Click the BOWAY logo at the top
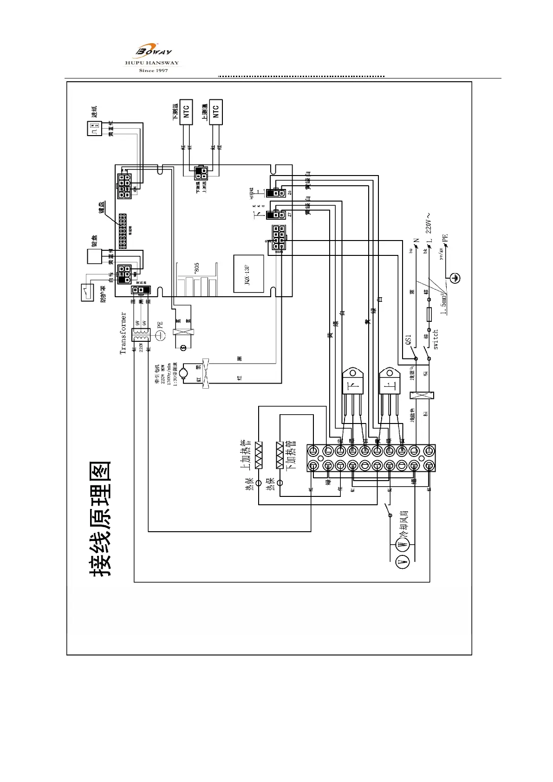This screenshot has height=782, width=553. [x=154, y=50]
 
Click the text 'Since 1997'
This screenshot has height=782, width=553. [x=153, y=71]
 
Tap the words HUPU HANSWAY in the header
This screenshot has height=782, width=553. [x=152, y=63]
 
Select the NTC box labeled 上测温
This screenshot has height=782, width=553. [x=216, y=111]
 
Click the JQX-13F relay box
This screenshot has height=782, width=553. [x=248, y=274]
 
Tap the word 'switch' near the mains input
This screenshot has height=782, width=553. [x=436, y=339]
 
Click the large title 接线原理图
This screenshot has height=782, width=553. [x=100, y=519]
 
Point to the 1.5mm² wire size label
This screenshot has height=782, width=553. [x=444, y=303]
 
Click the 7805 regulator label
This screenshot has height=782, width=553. [x=197, y=268]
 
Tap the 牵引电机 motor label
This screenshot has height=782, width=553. [x=157, y=374]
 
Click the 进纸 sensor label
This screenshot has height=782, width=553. [x=94, y=112]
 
